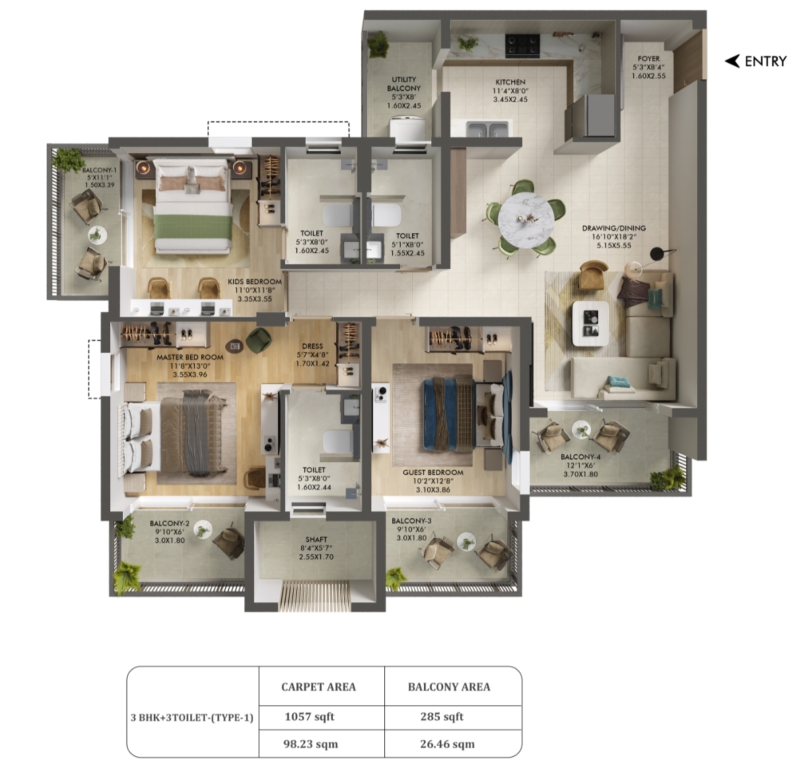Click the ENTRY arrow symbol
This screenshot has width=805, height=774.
(x=732, y=61)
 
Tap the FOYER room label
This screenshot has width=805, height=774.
(x=648, y=59)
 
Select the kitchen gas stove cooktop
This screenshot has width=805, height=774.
(x=522, y=46)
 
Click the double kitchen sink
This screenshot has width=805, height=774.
(x=487, y=129)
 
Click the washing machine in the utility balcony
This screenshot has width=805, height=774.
(x=407, y=127)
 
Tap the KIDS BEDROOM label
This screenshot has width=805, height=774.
(x=255, y=282)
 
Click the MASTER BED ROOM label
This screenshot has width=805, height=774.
(x=190, y=357)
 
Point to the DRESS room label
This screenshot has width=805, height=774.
(x=312, y=346)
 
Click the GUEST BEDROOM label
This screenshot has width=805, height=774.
(x=433, y=472)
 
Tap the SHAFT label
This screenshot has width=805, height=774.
(x=316, y=540)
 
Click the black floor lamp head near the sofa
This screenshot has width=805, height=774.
(x=656, y=254)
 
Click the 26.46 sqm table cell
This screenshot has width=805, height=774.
(x=447, y=744)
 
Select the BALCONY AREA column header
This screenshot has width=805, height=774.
(x=449, y=687)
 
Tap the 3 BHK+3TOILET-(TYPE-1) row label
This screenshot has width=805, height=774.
(x=192, y=717)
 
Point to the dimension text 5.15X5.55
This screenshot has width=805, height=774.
(x=613, y=245)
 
